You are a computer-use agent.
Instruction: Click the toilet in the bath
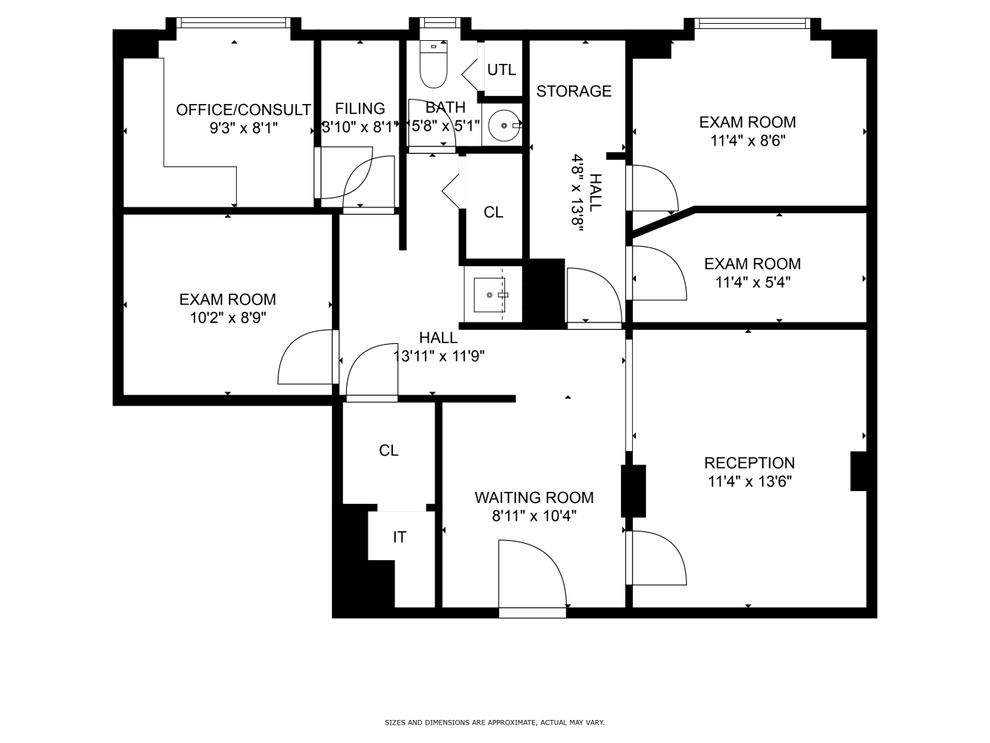(x=433, y=64)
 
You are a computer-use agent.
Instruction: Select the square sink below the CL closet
(x=490, y=294)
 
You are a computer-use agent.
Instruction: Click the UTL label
(x=501, y=70)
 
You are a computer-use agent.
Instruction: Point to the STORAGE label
(x=573, y=91)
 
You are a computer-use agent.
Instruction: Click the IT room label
(x=400, y=537)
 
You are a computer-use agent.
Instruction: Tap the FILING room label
(x=360, y=108)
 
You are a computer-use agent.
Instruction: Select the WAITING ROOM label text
(x=534, y=497)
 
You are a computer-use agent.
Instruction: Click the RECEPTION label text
(x=749, y=463)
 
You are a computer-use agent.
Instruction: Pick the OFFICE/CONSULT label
(x=244, y=110)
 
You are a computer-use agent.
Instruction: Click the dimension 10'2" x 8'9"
(x=228, y=318)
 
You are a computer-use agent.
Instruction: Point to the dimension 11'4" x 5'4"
(x=753, y=282)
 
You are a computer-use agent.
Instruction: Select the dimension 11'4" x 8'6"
(x=748, y=140)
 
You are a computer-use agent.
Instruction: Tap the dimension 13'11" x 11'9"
(x=439, y=357)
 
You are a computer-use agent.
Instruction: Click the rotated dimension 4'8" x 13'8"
(x=579, y=192)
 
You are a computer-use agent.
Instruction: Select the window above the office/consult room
(x=233, y=22)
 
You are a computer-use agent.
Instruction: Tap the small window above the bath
(x=440, y=22)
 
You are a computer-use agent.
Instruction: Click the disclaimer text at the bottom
(x=495, y=723)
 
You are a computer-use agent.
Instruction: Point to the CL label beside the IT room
(x=388, y=450)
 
